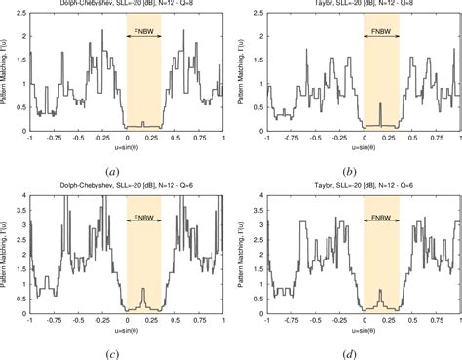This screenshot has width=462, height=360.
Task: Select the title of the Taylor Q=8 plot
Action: click(364, 5)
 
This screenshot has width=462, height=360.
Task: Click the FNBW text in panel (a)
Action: click(144, 30)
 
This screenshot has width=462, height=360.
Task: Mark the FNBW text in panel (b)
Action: click(381, 30)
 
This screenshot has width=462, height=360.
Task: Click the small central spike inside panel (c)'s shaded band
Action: click(143, 292)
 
